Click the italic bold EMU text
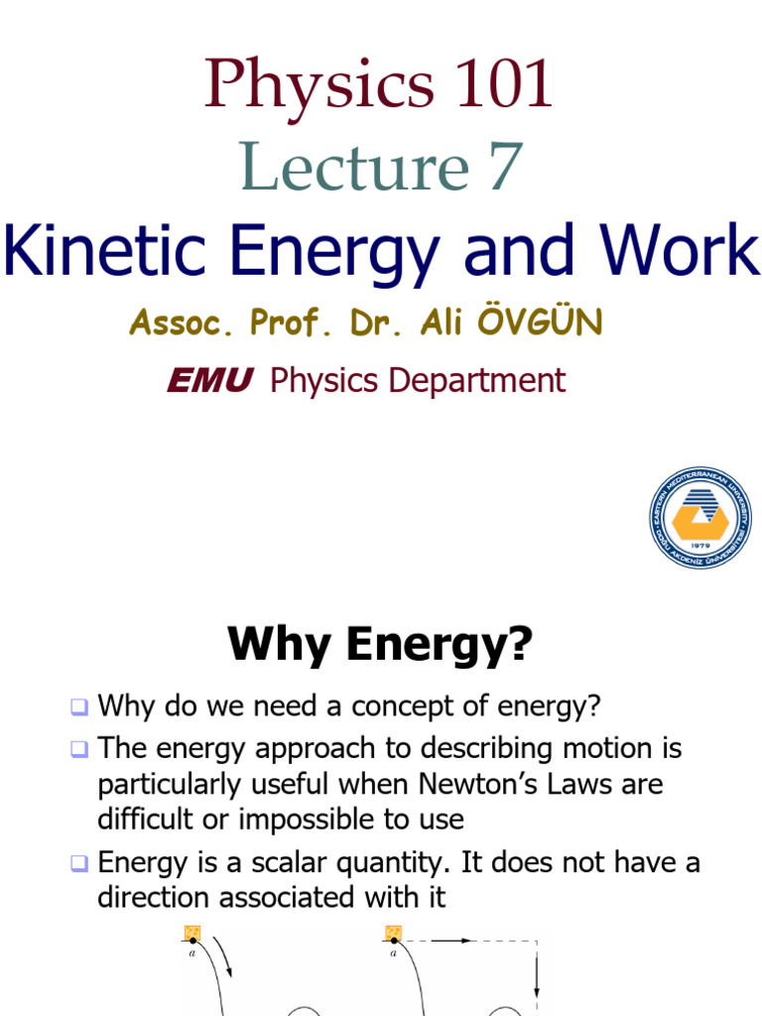click(209, 381)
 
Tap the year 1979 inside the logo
click(698, 544)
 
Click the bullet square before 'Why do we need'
click(79, 708)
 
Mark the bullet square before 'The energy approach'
click(79, 750)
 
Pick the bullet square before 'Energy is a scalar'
click(79, 864)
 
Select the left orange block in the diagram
click(192, 933)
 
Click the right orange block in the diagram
click(394, 933)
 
